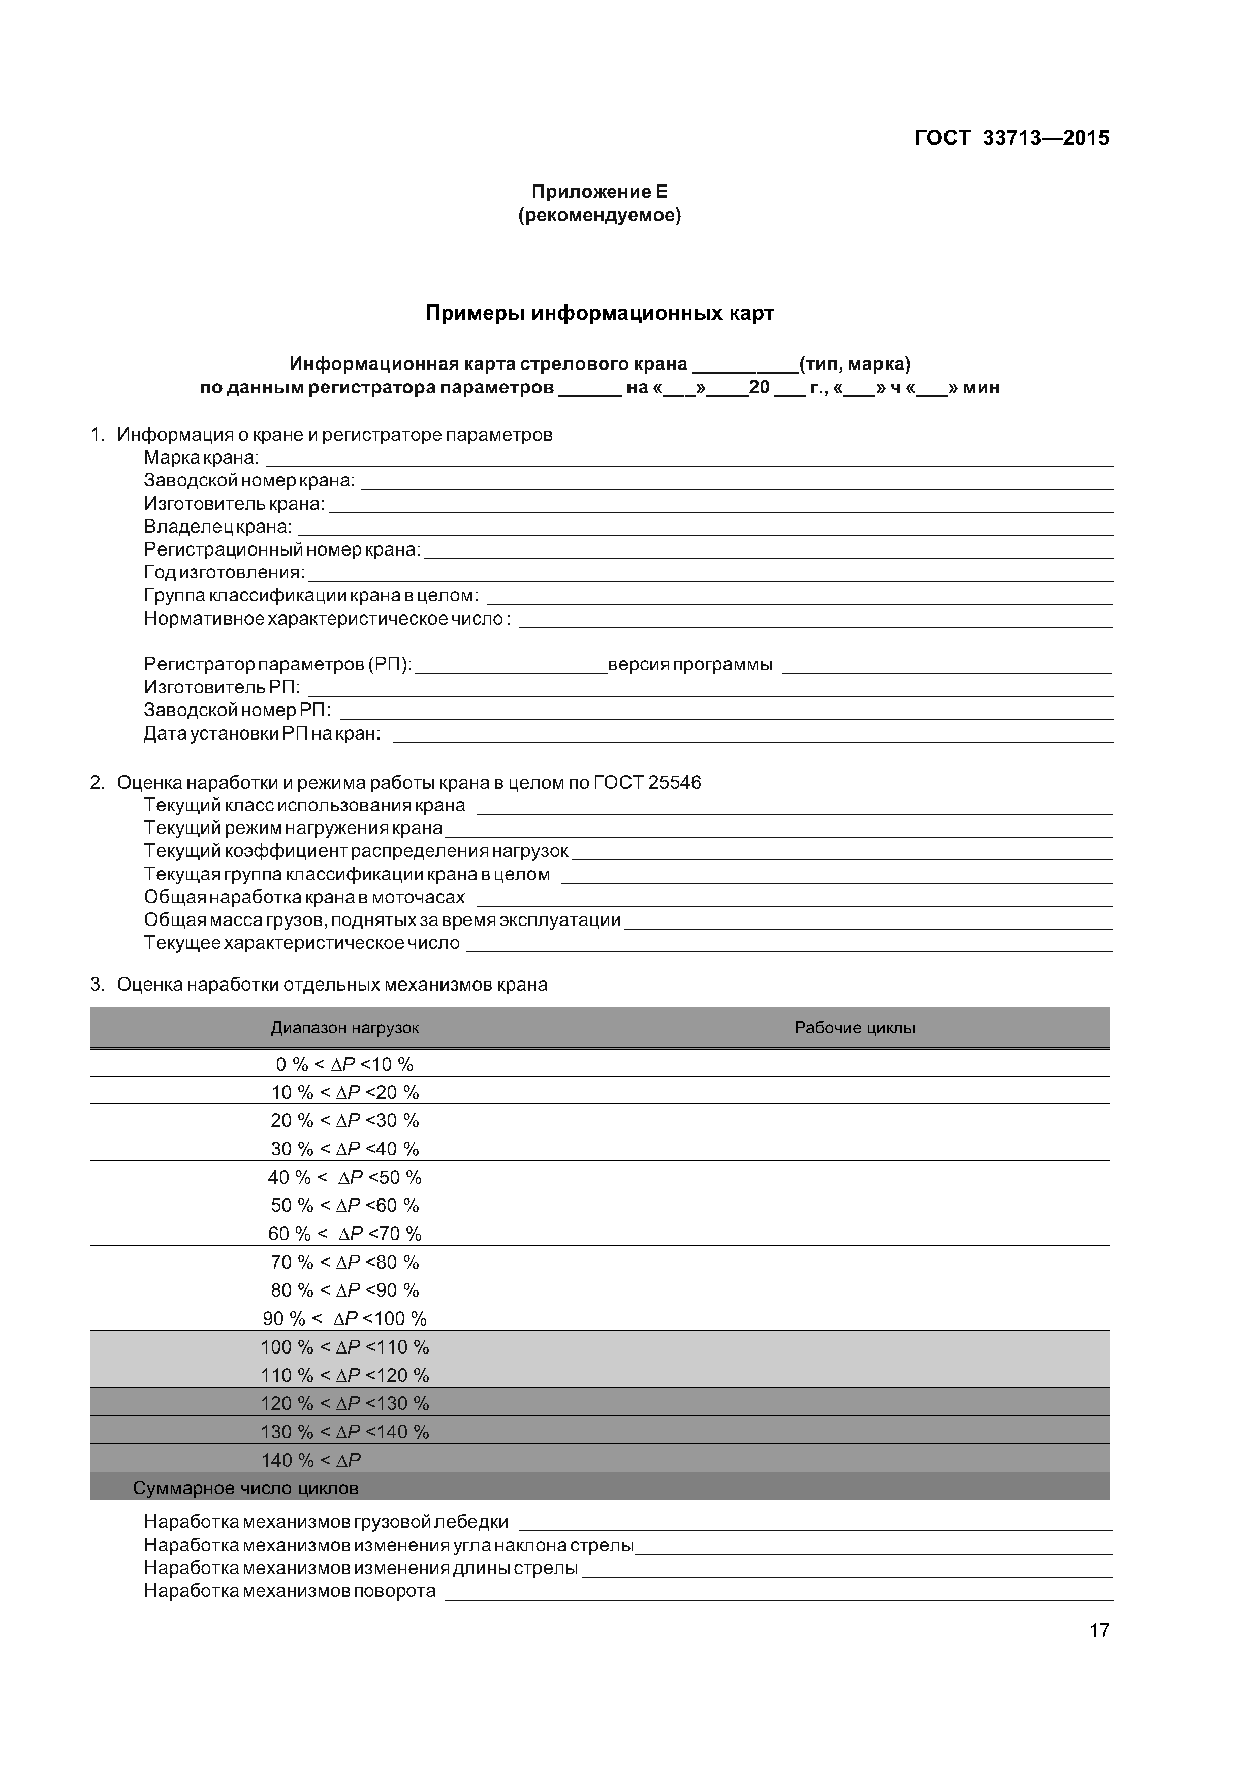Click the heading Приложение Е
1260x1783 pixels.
pyautogui.click(x=600, y=192)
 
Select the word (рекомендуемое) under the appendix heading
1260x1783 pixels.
pyautogui.click(x=600, y=215)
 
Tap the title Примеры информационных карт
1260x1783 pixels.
pyautogui.click(x=600, y=313)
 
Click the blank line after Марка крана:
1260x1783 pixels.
pyautogui.click(x=689, y=460)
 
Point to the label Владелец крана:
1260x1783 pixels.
pyautogui.click(x=218, y=527)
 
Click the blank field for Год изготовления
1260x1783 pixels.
pyautogui.click(x=710, y=575)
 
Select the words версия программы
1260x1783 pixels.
pyautogui.click(x=689, y=665)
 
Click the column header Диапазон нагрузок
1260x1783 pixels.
pyautogui.click(x=344, y=1028)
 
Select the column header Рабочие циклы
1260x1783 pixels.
pyautogui.click(x=855, y=1028)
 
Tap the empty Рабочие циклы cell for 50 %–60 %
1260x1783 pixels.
pyautogui.click(x=855, y=1205)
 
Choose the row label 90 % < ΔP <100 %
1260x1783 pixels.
pyautogui.click(x=344, y=1318)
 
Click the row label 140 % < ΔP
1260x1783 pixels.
pyautogui.click(x=310, y=1460)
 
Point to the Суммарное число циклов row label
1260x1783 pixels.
pyautogui.click(x=245, y=1488)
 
